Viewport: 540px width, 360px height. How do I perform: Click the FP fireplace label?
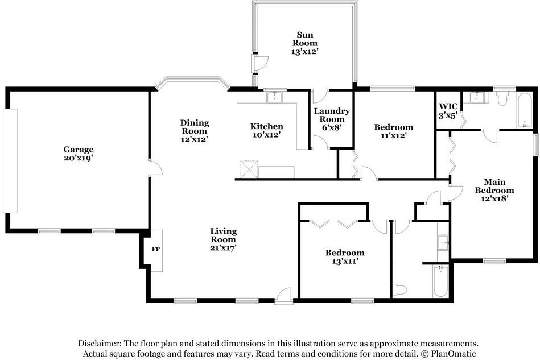[156, 249]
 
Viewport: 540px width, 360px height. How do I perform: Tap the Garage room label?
[79, 150]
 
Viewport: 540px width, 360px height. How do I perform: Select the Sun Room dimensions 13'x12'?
[305, 52]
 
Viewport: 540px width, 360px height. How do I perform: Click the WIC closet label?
[448, 106]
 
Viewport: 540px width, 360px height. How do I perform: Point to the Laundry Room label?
[332, 115]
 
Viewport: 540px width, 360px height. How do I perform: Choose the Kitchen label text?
[266, 126]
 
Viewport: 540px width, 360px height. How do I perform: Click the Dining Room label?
[195, 127]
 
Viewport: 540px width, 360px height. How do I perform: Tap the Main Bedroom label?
[494, 186]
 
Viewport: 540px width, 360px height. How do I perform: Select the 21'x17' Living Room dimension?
[223, 248]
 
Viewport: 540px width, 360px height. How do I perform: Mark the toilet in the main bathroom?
[502, 98]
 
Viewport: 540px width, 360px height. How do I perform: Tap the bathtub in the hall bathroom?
[440, 281]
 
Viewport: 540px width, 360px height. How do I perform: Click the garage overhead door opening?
[10, 161]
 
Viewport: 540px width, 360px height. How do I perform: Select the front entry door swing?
[284, 297]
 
